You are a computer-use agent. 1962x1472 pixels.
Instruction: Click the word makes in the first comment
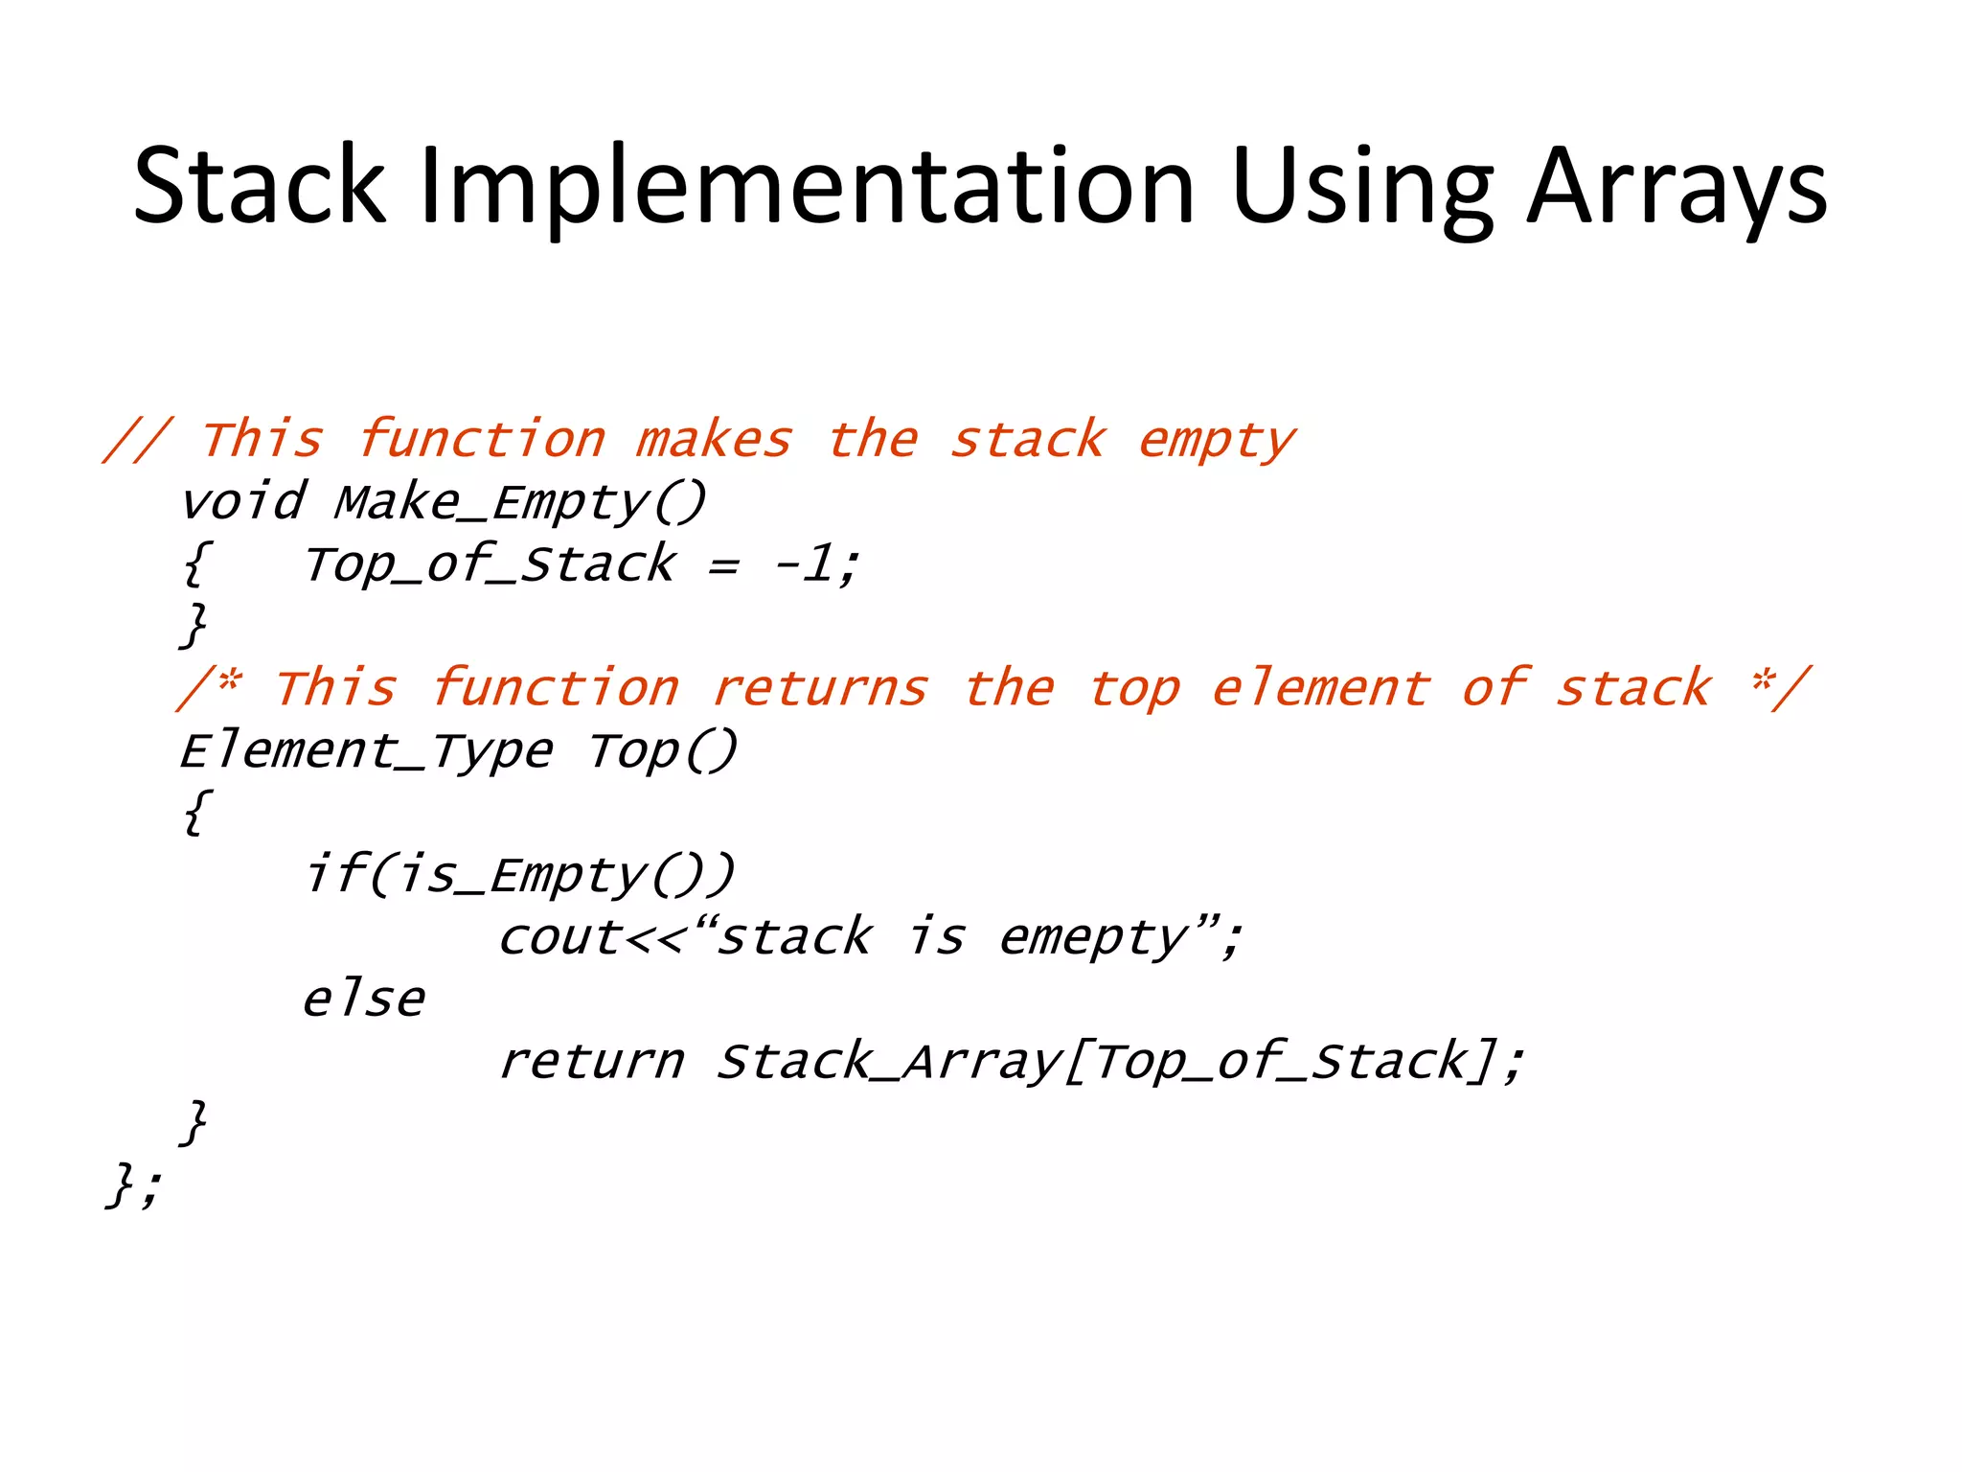coord(714,440)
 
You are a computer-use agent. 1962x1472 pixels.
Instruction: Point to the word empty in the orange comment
coord(1217,440)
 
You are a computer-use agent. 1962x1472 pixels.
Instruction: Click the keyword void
coord(243,502)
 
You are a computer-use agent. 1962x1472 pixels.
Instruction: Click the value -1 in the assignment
coord(805,563)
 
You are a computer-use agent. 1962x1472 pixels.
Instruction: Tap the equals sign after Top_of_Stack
coord(723,565)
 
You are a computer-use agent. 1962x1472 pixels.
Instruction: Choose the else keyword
coord(363,999)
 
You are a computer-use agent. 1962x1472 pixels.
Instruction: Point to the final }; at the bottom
coord(134,1184)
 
